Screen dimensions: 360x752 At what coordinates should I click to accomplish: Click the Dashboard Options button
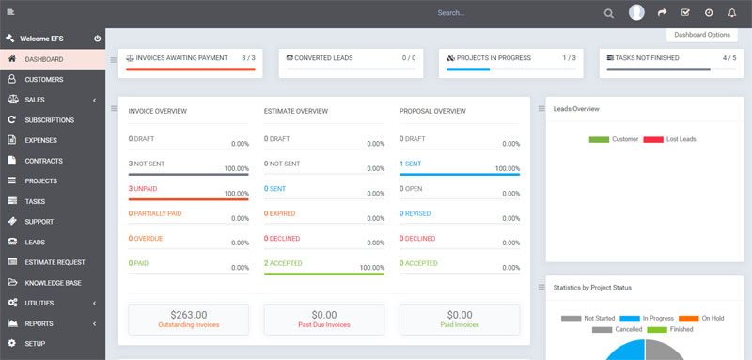click(701, 35)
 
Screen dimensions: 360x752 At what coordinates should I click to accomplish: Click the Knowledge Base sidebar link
click(53, 282)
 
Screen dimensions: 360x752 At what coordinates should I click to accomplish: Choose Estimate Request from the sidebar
click(55, 262)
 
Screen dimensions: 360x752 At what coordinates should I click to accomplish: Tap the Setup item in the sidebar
click(36, 343)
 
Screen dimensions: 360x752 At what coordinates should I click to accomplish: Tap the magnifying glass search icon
click(609, 13)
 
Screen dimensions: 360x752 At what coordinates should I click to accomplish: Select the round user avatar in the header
click(636, 12)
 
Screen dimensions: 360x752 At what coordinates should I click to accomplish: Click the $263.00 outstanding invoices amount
click(188, 315)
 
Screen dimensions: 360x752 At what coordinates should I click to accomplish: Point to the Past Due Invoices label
click(323, 325)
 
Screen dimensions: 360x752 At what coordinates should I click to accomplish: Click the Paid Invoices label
click(460, 325)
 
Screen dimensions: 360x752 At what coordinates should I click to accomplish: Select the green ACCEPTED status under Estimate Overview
click(286, 263)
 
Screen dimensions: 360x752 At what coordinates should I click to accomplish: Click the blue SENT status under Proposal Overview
click(412, 164)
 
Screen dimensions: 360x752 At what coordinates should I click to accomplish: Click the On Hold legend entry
click(710, 318)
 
